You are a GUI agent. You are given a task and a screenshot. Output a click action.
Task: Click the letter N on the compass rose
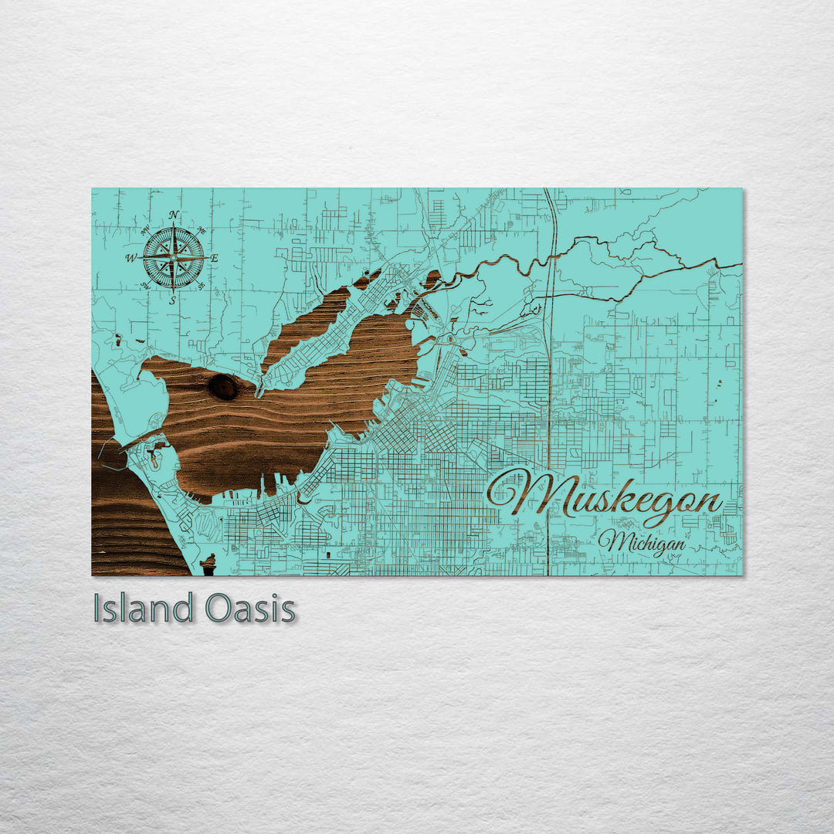click(x=174, y=215)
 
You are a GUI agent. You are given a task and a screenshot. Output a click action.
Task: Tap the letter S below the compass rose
click(x=173, y=300)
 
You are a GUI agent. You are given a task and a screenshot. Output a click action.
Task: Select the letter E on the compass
click(x=215, y=258)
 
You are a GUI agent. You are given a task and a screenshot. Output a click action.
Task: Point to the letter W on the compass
click(x=131, y=258)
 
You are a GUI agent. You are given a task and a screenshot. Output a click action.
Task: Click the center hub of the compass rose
click(x=174, y=257)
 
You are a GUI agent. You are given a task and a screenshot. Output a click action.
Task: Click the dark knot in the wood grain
click(x=223, y=387)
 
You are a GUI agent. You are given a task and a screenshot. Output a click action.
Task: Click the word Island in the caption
click(x=143, y=609)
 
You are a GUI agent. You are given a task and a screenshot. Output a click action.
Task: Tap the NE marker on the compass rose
click(x=202, y=229)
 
